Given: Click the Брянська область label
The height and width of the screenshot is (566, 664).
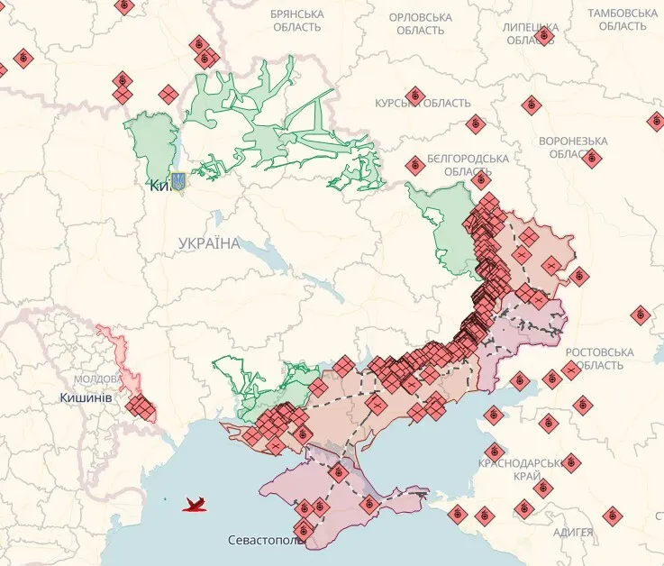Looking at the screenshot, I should coord(296,21).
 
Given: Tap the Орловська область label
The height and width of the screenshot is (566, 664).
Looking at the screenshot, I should coord(420,23).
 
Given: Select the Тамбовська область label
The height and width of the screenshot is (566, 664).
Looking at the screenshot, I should coord(623,20).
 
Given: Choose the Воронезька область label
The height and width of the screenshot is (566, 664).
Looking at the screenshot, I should coord(572,147).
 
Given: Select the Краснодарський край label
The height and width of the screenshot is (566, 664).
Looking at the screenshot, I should coord(527,468).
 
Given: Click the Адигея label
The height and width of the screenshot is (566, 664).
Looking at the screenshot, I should coord(573,532).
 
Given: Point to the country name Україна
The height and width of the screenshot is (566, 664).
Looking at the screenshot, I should coord(209,243).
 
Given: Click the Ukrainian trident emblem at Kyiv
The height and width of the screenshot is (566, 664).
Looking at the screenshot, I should coord(177,182).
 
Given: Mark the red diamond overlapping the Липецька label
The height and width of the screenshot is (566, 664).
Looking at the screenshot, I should coord(544,36).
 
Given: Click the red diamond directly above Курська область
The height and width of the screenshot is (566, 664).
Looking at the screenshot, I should coord(415,94).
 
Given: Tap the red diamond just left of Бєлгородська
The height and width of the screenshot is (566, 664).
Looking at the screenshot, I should coord(414,165).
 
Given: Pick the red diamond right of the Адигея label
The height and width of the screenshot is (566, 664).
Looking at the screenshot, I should coord(614,516).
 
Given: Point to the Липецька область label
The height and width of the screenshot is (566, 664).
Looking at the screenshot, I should coord(531,32).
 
